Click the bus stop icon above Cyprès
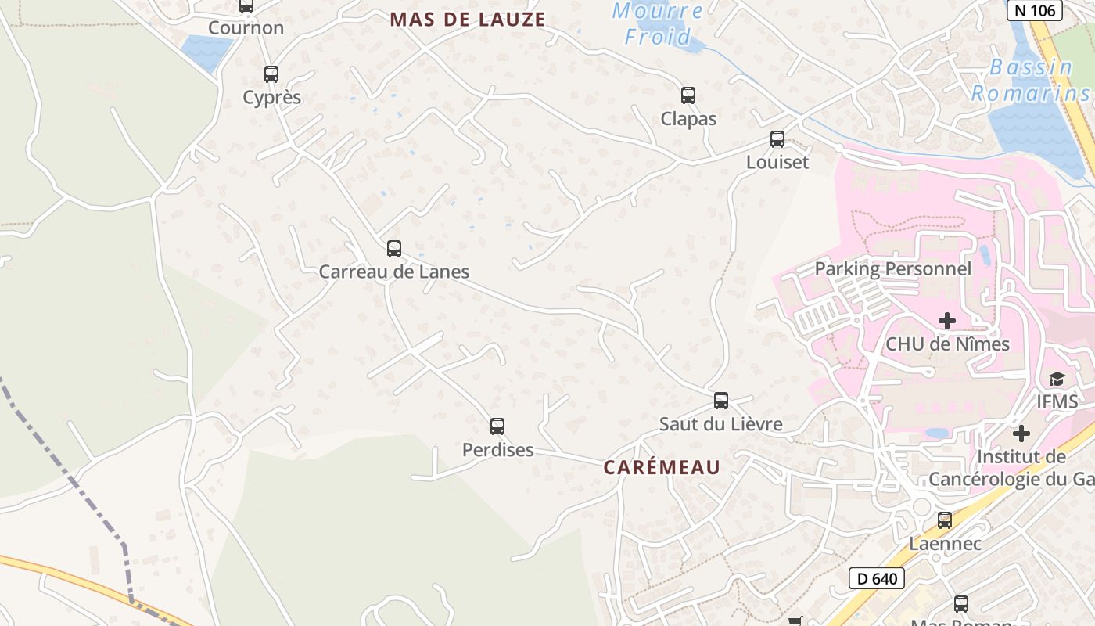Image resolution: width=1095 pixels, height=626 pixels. [x=271, y=74]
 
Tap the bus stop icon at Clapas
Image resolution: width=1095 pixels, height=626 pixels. [x=688, y=95]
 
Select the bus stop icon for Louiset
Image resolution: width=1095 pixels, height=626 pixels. [x=777, y=139]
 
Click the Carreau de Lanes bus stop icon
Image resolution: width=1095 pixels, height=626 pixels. [x=394, y=249]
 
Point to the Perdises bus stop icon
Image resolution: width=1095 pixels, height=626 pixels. [x=497, y=426]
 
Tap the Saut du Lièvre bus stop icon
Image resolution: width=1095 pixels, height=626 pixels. [x=721, y=401]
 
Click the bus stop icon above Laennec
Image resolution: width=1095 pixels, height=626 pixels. [x=945, y=520]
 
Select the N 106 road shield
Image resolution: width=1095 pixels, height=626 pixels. [x=1034, y=10]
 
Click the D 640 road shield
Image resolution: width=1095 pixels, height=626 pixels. [x=877, y=579]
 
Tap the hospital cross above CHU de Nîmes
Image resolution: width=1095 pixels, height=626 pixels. [x=947, y=321]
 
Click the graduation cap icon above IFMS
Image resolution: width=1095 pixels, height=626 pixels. [x=1057, y=379]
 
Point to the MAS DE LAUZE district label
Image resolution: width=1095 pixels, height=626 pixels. [x=468, y=20]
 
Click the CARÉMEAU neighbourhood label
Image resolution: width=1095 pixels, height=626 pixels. [x=662, y=467]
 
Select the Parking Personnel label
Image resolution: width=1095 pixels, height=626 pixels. [x=892, y=269]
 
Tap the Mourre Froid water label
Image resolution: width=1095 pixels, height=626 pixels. [x=657, y=23]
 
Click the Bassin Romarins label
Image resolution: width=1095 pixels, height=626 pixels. [x=1031, y=81]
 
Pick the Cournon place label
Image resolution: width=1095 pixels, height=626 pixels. [x=246, y=28]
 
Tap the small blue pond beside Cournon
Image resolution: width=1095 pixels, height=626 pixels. [x=205, y=49]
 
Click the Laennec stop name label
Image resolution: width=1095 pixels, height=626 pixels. [x=945, y=543]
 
